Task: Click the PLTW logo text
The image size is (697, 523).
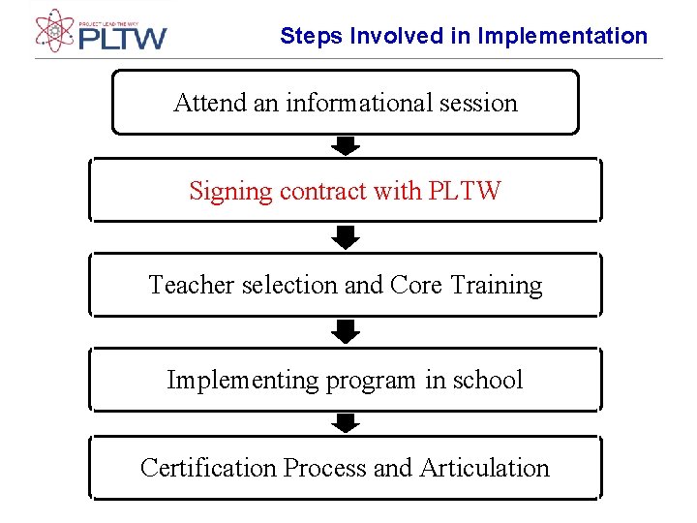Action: coord(122,39)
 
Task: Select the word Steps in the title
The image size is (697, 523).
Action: coord(312,37)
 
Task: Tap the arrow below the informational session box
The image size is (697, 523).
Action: coord(346,146)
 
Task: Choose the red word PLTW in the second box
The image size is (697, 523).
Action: coord(464,191)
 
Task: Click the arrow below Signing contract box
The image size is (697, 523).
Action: coord(346,237)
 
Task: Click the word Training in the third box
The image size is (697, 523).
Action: coord(497,286)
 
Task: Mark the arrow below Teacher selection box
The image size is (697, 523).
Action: coord(346,332)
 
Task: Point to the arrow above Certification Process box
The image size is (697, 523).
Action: coord(346,422)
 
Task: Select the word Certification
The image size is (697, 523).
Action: coord(208,468)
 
